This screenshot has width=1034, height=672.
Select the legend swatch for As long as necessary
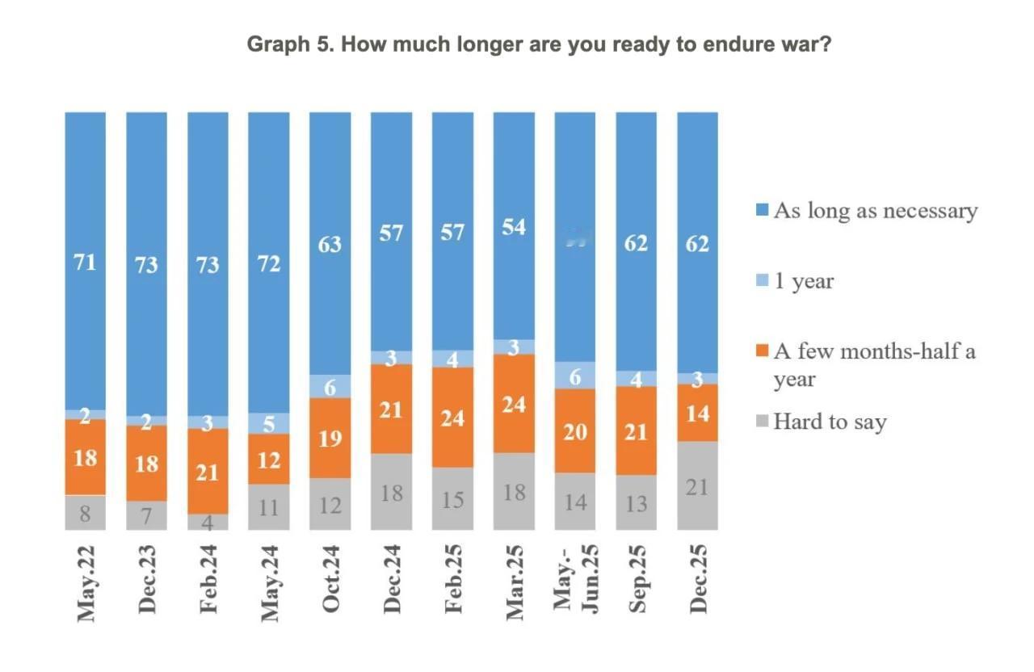[x=760, y=212]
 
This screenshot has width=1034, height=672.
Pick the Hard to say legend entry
[x=830, y=422]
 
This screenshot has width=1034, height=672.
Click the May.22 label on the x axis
[x=86, y=582]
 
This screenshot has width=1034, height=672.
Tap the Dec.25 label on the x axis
[x=698, y=579]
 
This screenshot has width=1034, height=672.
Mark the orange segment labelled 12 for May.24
[x=269, y=459]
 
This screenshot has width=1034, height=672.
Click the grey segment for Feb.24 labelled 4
[x=208, y=522]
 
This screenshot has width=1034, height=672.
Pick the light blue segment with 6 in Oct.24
[x=330, y=386]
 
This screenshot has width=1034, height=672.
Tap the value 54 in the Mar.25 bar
[x=514, y=227]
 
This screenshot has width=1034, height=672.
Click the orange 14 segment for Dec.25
[x=698, y=413]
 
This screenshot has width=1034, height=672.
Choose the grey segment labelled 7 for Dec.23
[x=147, y=515]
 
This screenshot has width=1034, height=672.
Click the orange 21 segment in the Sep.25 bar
[x=637, y=431]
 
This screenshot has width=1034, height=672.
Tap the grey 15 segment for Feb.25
[x=452, y=499]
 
